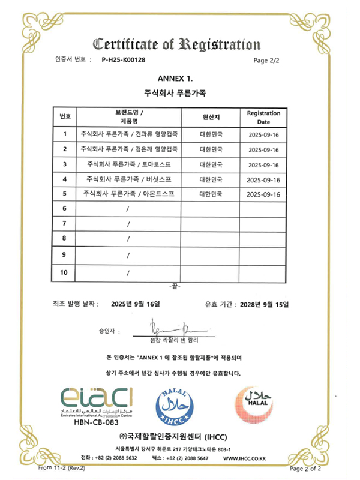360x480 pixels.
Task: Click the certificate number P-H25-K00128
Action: (x=124, y=60)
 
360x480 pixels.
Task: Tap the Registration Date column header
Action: (x=263, y=117)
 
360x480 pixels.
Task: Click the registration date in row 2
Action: (x=264, y=149)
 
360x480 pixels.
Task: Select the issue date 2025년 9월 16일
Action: (x=136, y=304)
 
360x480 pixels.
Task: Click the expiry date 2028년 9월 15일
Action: (x=265, y=304)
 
